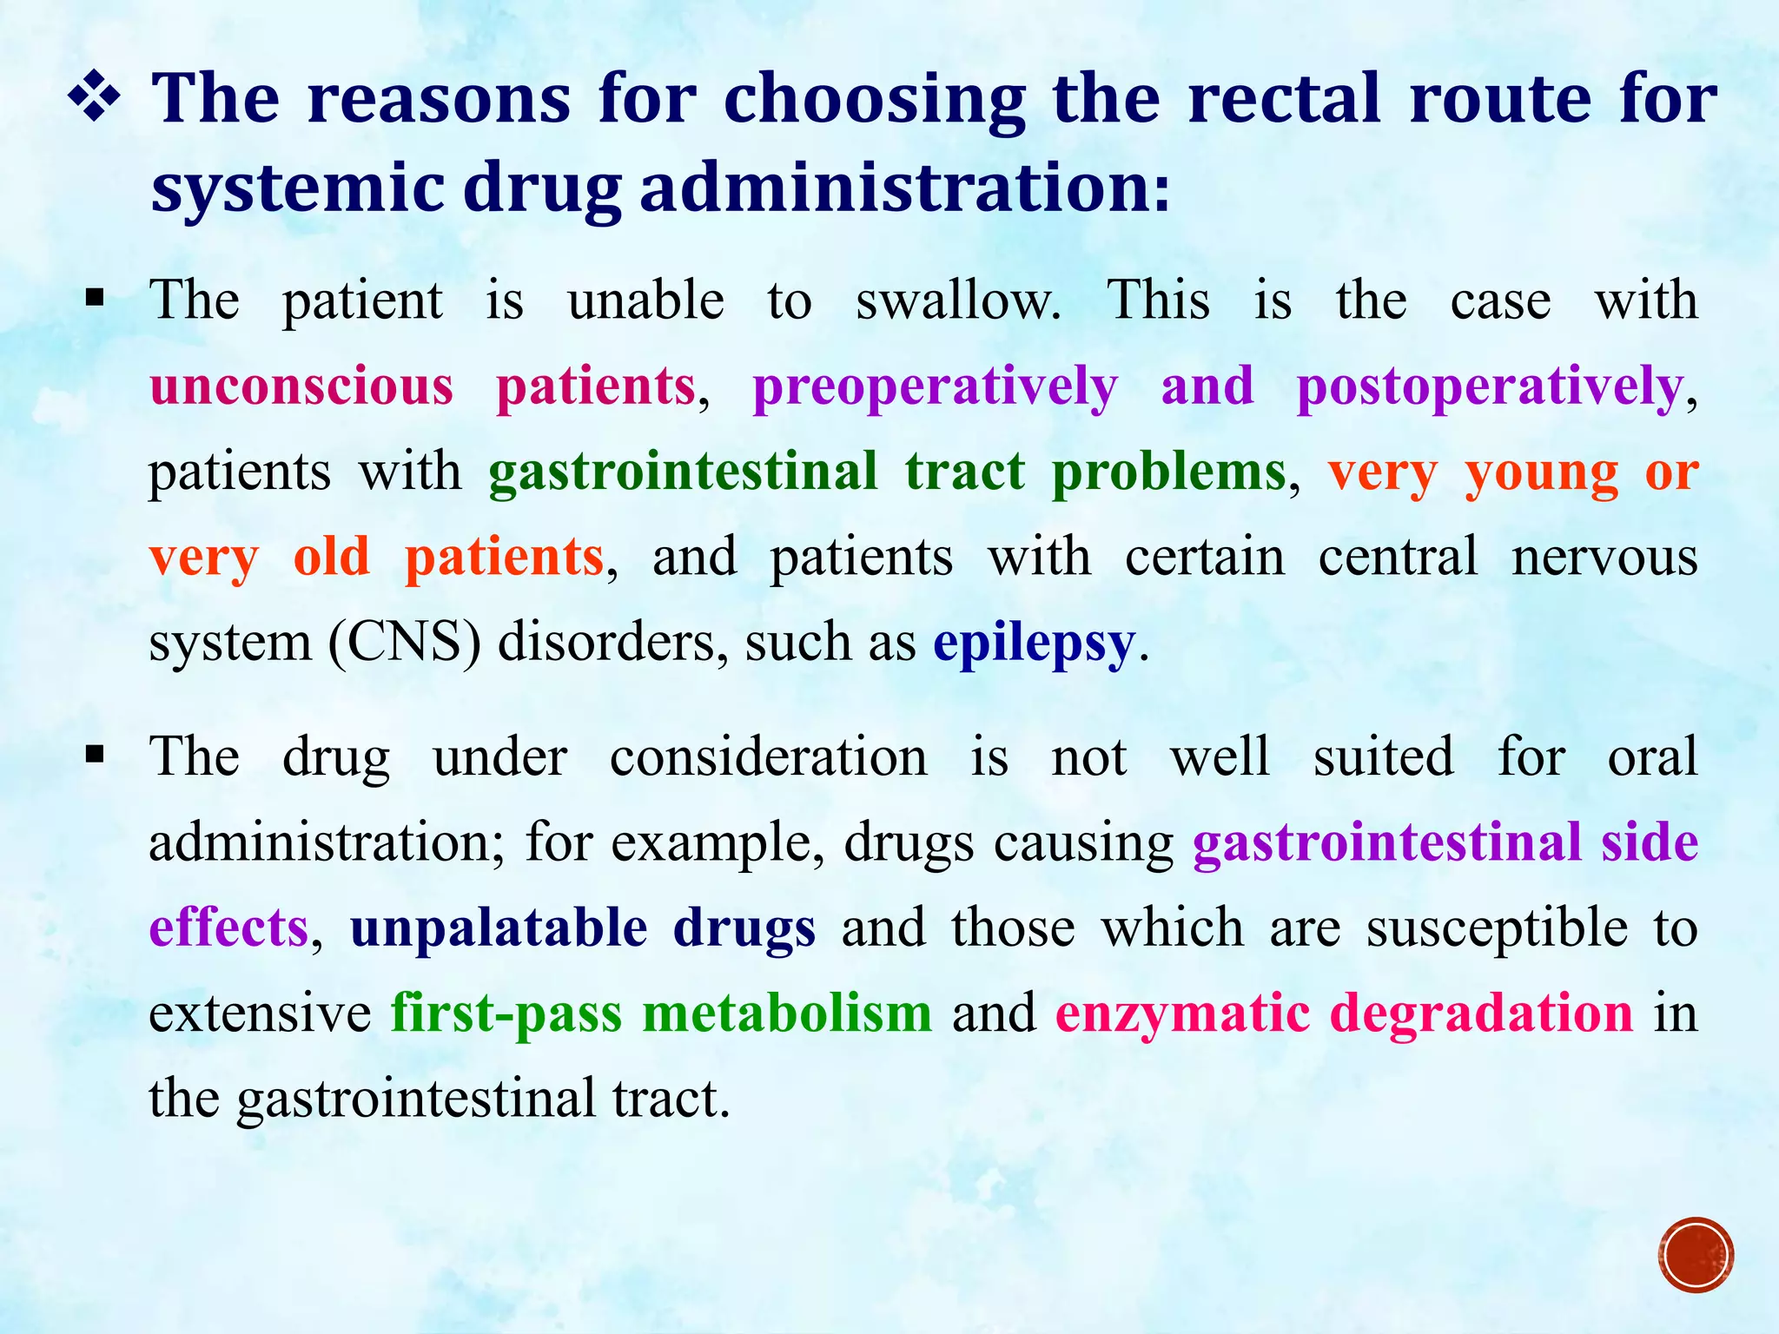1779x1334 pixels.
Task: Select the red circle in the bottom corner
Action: coord(1696,1255)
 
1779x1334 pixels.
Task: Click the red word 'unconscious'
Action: coord(301,386)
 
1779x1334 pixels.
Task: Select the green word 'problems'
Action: coord(1168,473)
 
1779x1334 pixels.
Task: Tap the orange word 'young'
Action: coord(1541,473)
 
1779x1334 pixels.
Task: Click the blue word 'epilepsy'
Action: coord(1034,644)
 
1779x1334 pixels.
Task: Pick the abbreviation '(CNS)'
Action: coord(404,644)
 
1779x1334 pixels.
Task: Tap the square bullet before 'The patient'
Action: coord(95,300)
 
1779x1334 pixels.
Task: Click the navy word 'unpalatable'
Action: coord(499,928)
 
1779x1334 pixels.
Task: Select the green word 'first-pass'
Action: coord(506,1013)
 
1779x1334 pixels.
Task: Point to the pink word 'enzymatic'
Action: coord(1182,1014)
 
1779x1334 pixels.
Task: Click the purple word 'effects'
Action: coord(228,928)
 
